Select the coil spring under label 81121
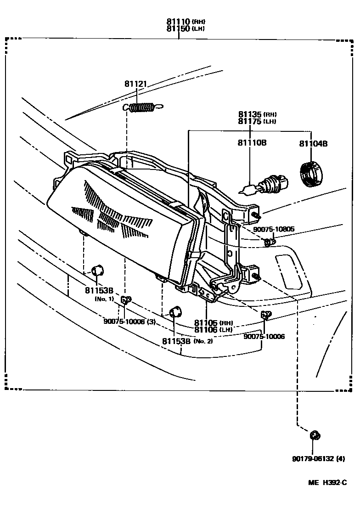(x=142, y=107)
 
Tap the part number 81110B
(x=252, y=143)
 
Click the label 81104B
(x=313, y=143)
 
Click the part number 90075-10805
(x=274, y=229)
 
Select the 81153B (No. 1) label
(x=99, y=290)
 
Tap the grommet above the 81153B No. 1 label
(x=98, y=271)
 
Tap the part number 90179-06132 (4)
(x=318, y=458)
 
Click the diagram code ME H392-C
(x=327, y=482)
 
